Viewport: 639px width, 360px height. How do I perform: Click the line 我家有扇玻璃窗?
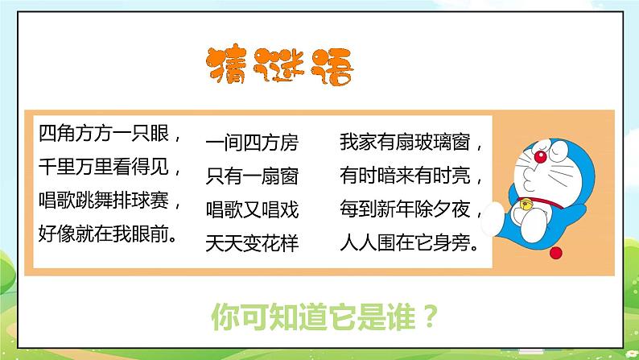(x=410, y=143)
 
